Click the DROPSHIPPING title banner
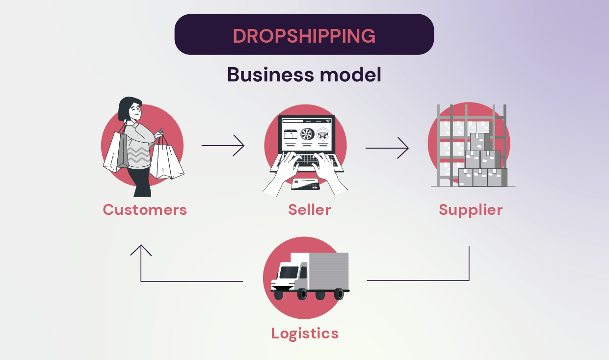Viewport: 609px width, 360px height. click(x=304, y=35)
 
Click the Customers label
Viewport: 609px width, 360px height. click(x=145, y=210)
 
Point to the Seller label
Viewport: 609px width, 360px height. click(x=309, y=210)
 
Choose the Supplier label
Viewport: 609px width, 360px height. click(x=471, y=210)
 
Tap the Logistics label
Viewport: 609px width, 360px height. click(x=305, y=334)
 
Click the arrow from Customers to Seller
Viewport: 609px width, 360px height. click(x=223, y=146)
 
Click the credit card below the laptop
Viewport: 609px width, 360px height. click(x=305, y=184)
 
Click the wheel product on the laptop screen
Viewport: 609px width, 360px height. click(x=306, y=134)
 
